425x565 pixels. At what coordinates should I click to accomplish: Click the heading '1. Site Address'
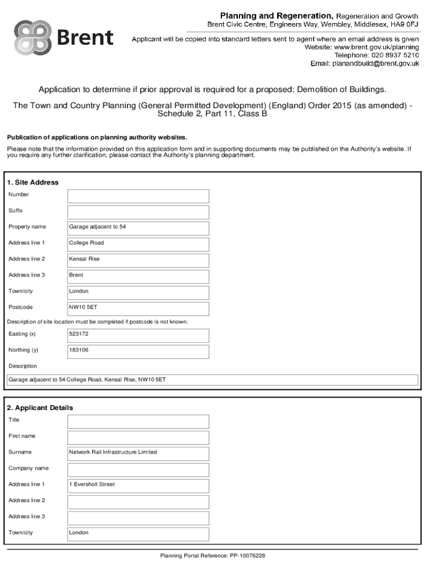tap(33, 183)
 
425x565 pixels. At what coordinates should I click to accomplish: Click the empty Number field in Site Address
tap(138, 196)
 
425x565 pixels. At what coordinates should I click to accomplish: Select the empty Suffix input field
tap(138, 212)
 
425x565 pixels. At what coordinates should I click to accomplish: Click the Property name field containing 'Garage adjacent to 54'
tap(138, 228)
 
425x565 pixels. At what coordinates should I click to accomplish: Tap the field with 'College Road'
tap(138, 244)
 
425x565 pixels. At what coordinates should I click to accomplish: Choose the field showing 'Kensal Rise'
tap(138, 260)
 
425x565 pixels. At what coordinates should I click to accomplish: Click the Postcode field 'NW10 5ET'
tap(138, 308)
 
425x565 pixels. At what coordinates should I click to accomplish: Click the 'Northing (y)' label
tap(23, 350)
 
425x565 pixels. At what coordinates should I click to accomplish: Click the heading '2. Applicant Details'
tap(40, 408)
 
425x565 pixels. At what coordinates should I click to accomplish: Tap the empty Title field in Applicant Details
tap(138, 422)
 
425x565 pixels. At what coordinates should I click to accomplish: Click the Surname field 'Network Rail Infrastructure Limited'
tap(138, 453)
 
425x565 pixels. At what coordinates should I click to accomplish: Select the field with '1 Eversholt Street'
tap(138, 486)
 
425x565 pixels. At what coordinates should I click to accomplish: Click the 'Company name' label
tap(28, 468)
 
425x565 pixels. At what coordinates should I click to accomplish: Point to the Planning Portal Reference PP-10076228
tap(212, 556)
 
